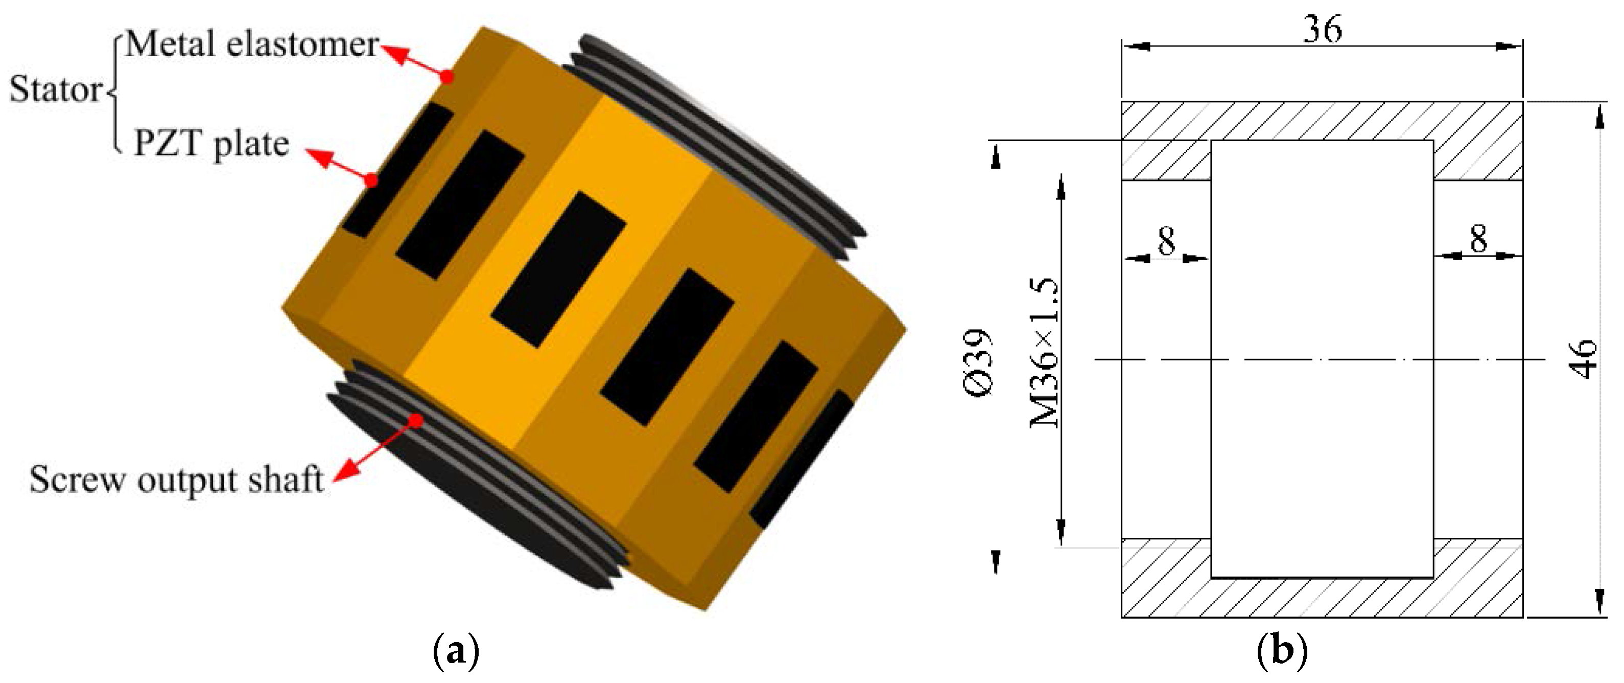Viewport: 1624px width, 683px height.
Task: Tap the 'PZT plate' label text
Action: point(211,144)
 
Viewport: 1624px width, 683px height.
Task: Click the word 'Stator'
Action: point(55,90)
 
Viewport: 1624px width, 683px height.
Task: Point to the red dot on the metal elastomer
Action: point(447,95)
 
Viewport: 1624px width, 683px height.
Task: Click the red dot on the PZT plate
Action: point(372,181)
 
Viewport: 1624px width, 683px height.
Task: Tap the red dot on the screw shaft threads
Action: point(415,421)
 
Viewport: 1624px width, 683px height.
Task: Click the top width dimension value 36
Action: point(1322,29)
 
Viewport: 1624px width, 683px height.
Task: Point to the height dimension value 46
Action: point(1583,359)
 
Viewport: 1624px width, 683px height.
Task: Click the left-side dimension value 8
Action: point(1166,241)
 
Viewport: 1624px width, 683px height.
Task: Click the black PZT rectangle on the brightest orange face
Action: point(558,270)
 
